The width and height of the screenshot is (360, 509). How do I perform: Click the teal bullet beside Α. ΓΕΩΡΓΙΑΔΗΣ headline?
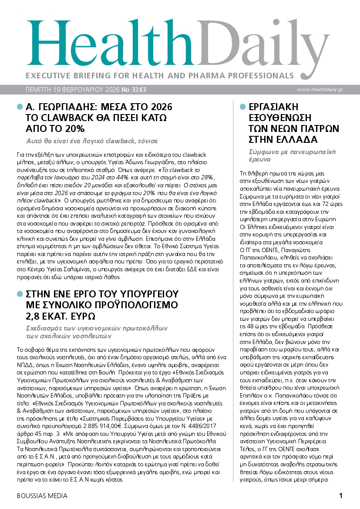(19, 107)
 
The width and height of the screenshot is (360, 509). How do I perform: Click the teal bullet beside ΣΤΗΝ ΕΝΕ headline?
(19, 293)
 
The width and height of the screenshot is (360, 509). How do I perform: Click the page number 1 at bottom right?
(341, 496)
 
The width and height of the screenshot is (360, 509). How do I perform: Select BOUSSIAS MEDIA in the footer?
(42, 496)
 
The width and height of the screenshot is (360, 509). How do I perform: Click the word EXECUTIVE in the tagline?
(47, 75)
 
